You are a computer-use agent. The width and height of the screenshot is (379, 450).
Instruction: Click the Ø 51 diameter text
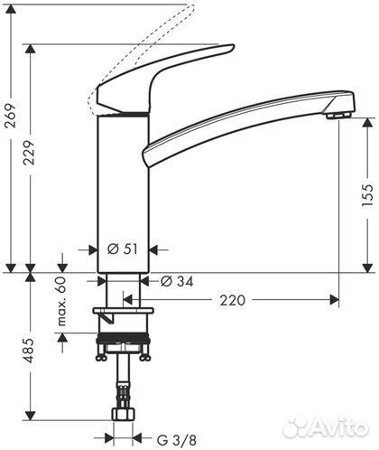pos(124,248)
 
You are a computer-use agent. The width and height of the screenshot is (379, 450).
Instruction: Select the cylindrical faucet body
pos(119,190)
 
